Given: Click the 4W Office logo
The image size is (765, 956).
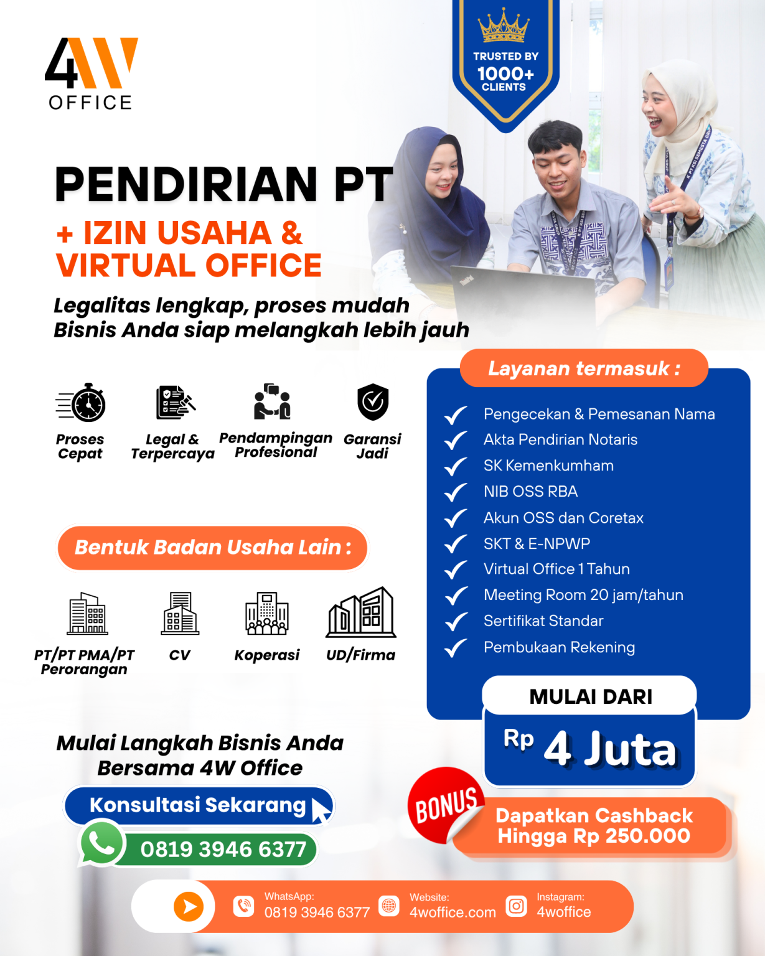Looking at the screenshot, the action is pos(92,73).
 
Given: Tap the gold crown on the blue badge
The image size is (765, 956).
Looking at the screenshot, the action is pos(504,26).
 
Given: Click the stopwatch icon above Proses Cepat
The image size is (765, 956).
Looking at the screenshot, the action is pos(81,403).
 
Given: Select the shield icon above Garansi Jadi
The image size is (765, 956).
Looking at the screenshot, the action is pos(373,401).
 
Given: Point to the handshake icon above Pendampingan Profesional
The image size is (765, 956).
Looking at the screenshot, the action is pos(273,401).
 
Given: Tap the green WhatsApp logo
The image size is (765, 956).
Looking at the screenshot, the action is pos(101,843).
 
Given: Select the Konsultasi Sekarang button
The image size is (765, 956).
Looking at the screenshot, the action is pos(199,806).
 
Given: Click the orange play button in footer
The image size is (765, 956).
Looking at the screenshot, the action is pos(189,906).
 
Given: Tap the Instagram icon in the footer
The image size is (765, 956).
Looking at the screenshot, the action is pos(516,906).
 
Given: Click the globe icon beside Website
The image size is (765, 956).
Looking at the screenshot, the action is pos(389,906).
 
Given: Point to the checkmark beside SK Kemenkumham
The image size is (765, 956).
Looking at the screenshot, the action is pos(456,466).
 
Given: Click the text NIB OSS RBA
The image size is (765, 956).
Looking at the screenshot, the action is pos(530,491).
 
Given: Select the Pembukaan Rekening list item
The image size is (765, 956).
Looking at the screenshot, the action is pos(560,647).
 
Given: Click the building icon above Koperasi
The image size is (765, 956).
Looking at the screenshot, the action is pos(267,613).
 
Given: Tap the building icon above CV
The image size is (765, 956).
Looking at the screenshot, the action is pos(180,613).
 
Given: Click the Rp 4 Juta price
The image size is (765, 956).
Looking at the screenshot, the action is pos(589,749).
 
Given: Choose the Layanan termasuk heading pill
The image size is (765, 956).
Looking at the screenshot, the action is pos(584,368).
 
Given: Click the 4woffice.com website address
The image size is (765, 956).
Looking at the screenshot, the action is pos(453,912).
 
